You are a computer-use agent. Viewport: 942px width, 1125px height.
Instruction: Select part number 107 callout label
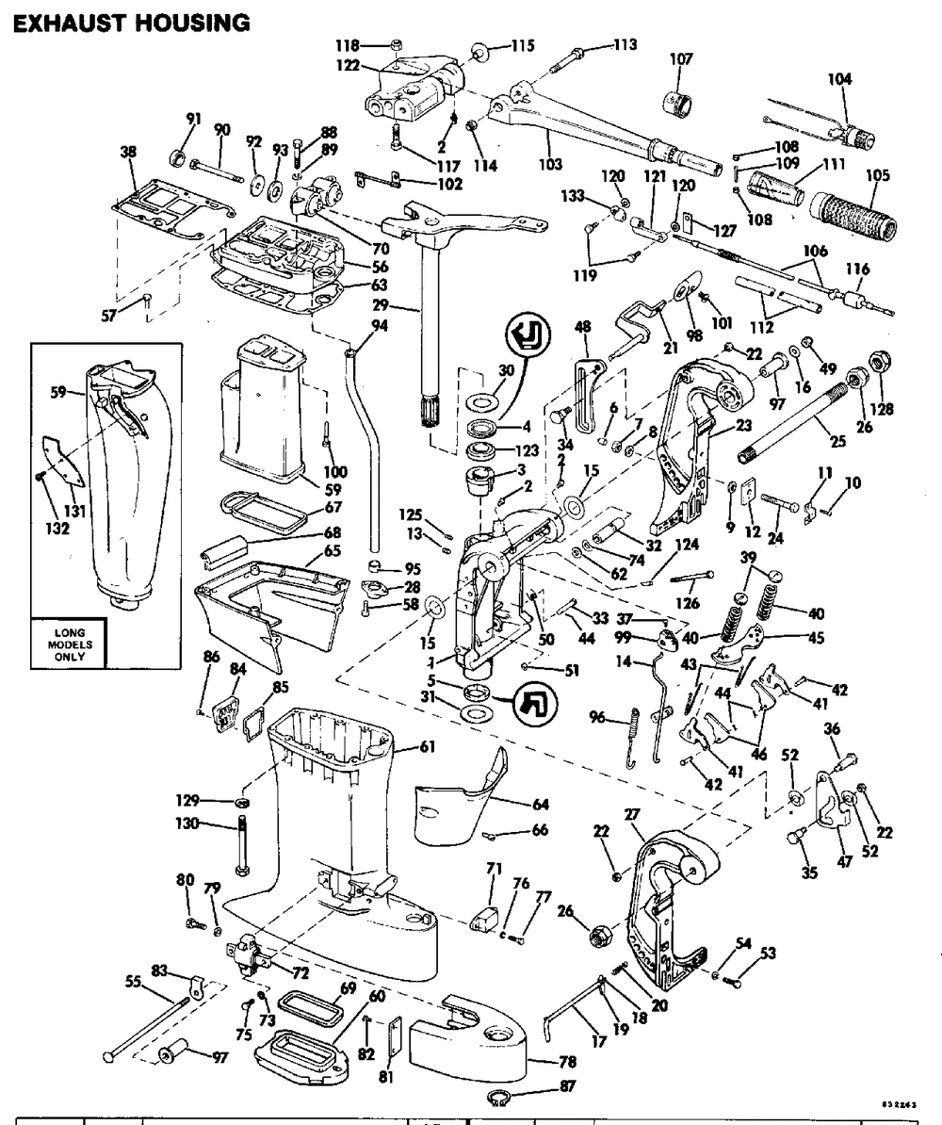tap(680, 59)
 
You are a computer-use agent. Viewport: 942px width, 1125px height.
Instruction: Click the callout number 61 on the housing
tap(427, 747)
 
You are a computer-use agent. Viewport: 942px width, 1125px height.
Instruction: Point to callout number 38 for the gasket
tap(128, 150)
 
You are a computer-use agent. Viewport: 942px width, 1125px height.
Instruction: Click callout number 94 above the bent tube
tap(351, 326)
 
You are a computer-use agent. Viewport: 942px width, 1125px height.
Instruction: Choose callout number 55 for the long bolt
tap(136, 981)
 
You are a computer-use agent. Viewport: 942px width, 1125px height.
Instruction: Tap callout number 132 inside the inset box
tap(59, 529)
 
